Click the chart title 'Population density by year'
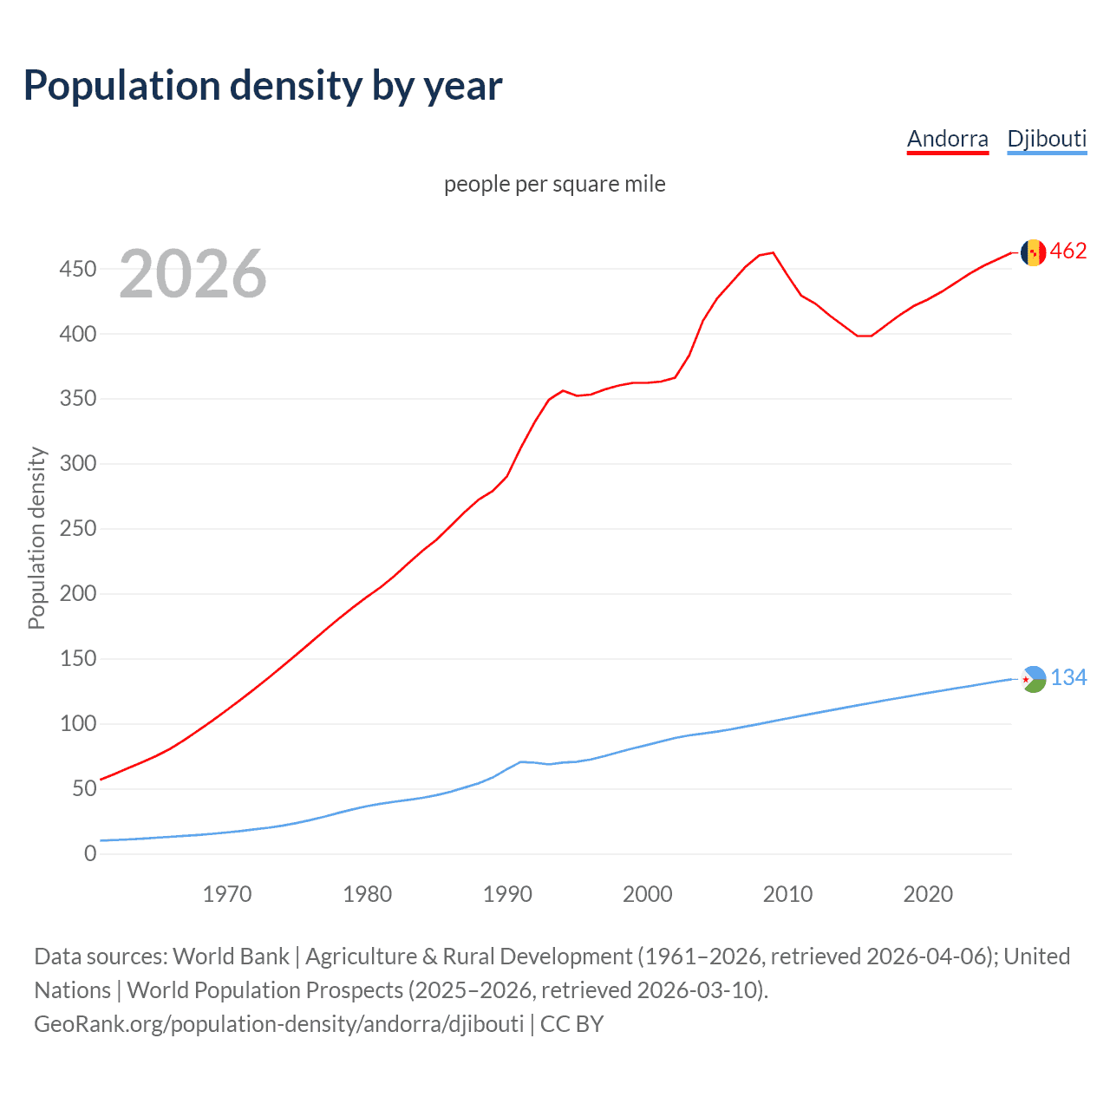point(263,86)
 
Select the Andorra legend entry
point(947,139)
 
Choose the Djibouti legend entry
point(1047,139)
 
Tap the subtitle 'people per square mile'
point(554,184)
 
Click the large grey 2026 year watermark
point(193,274)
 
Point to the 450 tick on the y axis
point(77,269)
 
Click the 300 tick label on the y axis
point(77,464)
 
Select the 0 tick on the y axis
point(90,853)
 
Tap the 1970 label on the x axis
point(227,894)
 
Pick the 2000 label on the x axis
point(648,894)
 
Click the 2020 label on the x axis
point(928,894)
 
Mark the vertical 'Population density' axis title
point(36,538)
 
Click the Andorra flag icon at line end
point(1033,252)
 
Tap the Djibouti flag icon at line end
point(1033,679)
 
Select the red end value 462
point(1068,251)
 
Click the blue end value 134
point(1068,678)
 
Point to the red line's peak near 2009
point(773,253)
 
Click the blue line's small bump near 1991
point(520,761)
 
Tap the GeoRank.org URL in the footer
point(278,1024)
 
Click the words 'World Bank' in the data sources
point(231,957)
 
